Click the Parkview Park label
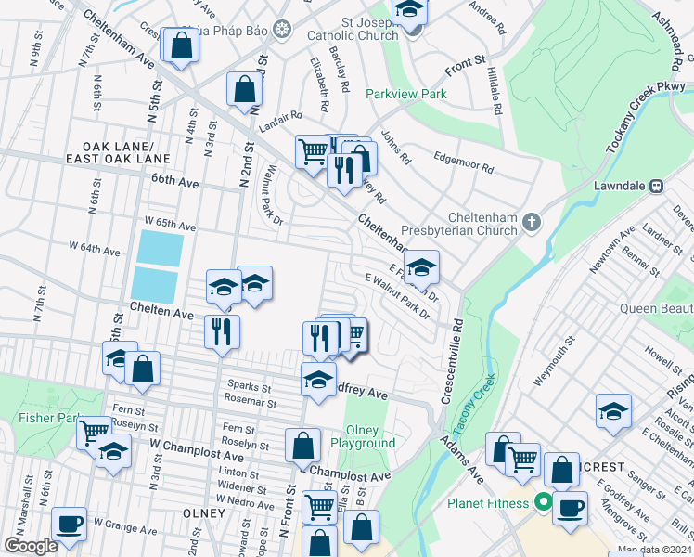click(406, 94)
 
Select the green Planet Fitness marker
click(542, 504)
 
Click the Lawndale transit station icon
click(656, 185)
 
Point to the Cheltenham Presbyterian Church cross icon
click(531, 221)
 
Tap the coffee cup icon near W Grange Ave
click(70, 522)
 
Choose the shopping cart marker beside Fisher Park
click(95, 432)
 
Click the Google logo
click(32, 545)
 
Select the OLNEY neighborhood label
click(204, 512)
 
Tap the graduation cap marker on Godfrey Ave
click(318, 379)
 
